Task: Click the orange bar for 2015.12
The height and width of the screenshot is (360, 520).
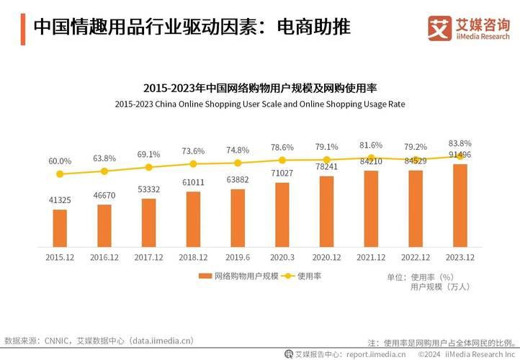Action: click(60, 228)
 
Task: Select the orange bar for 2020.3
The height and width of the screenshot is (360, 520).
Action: click(282, 214)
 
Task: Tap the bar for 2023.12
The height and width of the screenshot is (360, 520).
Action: click(460, 205)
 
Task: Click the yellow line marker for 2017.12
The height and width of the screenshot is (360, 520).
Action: click(149, 167)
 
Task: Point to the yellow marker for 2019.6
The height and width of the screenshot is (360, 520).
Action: click(238, 163)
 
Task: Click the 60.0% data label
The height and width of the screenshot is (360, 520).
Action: click(60, 161)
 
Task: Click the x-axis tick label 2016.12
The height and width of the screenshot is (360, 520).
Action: click(104, 257)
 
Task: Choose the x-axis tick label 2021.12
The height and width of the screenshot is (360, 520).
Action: click(371, 257)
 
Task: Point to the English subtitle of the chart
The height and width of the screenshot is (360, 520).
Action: click(260, 104)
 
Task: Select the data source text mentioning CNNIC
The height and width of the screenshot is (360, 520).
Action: click(99, 341)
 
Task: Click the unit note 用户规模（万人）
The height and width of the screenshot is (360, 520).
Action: click(440, 287)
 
